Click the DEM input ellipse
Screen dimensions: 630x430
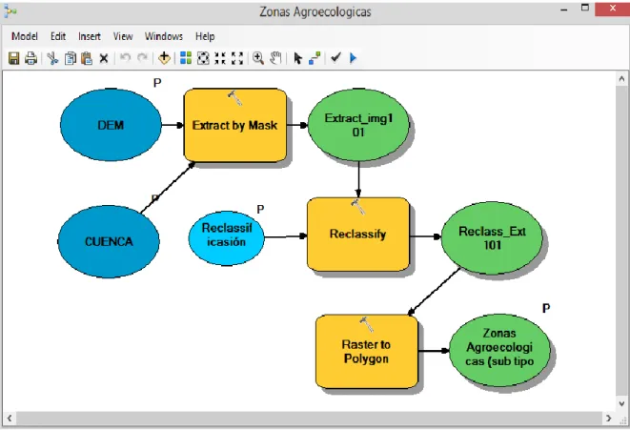tap(111, 125)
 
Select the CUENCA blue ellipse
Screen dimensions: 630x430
tap(109, 241)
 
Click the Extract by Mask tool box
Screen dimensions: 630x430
tap(235, 125)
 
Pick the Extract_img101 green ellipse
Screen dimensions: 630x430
tap(358, 125)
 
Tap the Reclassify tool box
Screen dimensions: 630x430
tap(358, 235)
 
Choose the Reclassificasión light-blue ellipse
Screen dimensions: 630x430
tap(227, 238)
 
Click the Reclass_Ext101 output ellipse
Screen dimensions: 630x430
tap(492, 238)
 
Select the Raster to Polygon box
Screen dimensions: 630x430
tap(366, 351)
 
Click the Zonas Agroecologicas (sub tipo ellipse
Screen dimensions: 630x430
tap(499, 350)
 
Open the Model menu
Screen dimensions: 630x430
tap(25, 36)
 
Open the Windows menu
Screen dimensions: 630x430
tap(164, 36)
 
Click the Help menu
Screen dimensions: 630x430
tap(205, 36)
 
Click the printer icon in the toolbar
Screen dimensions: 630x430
tap(30, 58)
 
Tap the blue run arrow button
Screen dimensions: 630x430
tap(353, 58)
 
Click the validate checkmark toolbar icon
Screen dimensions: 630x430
tap(335, 58)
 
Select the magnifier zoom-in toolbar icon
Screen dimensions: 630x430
tap(258, 58)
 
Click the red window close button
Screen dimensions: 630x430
tap(612, 9)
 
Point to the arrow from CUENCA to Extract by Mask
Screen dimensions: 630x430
tap(168, 187)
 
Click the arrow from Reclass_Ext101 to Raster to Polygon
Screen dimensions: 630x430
tap(434, 292)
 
